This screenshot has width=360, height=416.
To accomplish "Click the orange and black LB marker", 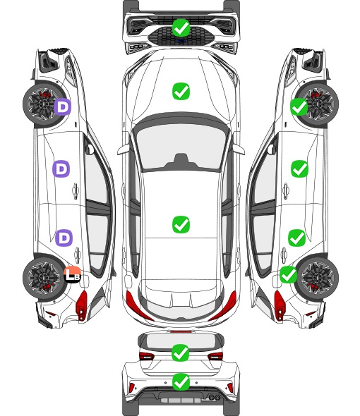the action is [72, 274].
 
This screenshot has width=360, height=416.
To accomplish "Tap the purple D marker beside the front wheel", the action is [62, 106].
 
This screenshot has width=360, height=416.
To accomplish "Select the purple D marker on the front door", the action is [61, 169].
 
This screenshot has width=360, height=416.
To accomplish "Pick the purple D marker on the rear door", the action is [64, 238].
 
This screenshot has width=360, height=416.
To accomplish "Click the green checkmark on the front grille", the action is [181, 27].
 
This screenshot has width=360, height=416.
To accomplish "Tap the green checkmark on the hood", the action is [181, 91].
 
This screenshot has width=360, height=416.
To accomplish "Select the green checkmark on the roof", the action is [181, 224].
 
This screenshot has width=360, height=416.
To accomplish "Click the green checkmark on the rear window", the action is [181, 353].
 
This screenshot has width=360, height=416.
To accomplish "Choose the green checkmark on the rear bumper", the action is [181, 382].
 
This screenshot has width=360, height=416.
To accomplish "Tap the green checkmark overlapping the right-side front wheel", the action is [299, 106].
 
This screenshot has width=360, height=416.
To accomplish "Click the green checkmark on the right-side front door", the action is [300, 169].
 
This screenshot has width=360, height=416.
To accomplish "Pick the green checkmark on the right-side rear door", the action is [297, 238].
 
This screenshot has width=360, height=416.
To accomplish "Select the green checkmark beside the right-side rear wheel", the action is [289, 274].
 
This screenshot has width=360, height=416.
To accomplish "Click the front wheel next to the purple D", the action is [43, 104].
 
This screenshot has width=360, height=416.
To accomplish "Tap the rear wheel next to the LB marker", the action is [43, 278].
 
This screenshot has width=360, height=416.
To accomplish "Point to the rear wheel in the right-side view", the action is [318, 278].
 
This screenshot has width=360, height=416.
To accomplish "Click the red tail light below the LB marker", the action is [82, 305].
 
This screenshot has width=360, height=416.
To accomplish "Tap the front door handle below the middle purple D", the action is [76, 190].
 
